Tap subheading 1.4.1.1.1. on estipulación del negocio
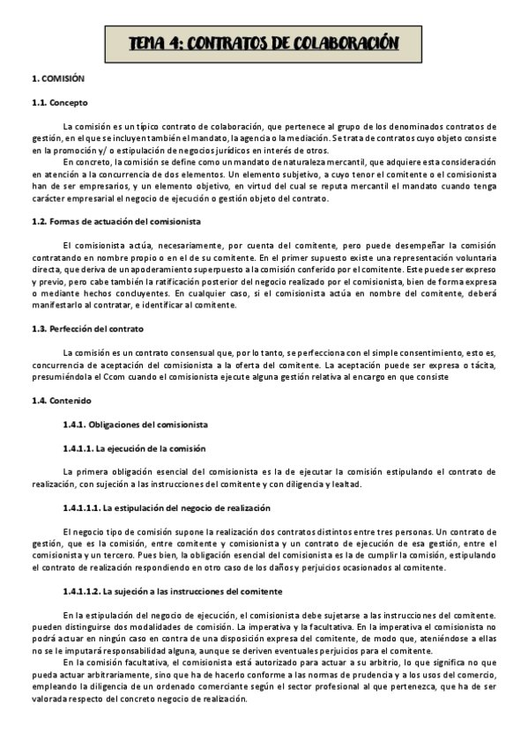coord(167,508)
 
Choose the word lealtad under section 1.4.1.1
coord(342,484)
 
